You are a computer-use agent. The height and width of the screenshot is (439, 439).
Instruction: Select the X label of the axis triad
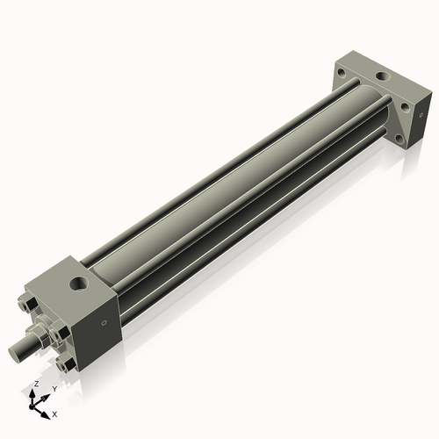[54, 413]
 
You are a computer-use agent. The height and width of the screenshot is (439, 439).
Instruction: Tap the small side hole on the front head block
[104, 322]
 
